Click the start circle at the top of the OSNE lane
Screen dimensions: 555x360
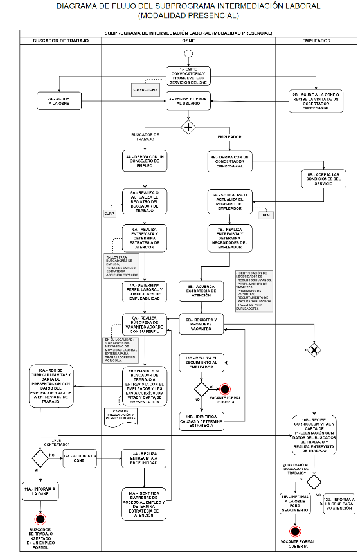pyautogui.click(x=188, y=53)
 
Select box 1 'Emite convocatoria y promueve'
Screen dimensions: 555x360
pyautogui.click(x=188, y=75)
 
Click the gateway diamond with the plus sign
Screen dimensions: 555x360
pyautogui.click(x=188, y=126)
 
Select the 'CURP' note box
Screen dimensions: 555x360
pyautogui.click(x=109, y=213)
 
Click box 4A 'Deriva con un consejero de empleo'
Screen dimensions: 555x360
pyautogui.click(x=145, y=160)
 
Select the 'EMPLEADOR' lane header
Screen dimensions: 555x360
pyautogui.click(x=316, y=41)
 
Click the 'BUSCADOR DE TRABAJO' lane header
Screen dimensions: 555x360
pyautogui.click(x=60, y=41)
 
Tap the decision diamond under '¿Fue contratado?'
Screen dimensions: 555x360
pyautogui.click(x=40, y=458)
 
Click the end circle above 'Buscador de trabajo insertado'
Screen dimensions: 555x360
pyautogui.click(x=40, y=518)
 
